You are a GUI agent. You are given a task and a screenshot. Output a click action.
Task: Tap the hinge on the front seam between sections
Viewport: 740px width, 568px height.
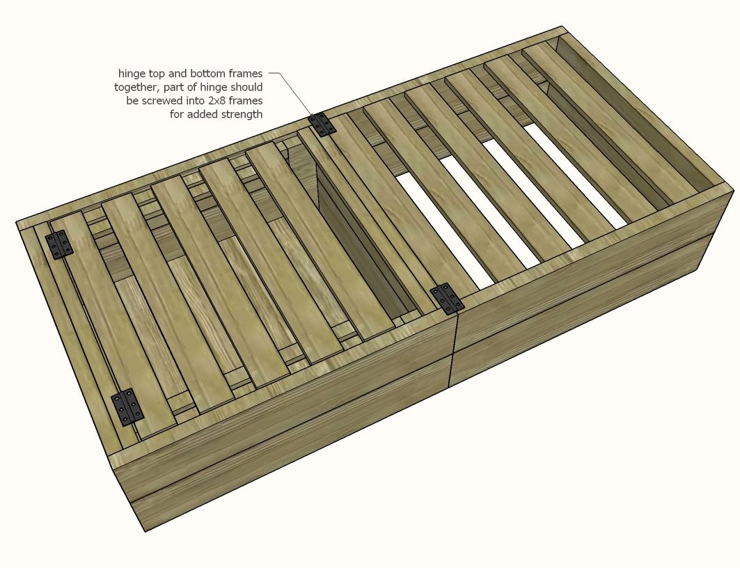pos(445,299)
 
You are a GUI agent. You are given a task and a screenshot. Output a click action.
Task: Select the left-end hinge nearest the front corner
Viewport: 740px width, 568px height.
pos(127,407)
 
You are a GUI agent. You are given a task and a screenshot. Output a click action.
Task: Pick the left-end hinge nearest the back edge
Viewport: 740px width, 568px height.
pos(59,245)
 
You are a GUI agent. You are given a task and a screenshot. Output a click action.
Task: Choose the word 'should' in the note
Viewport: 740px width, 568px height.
pos(247,87)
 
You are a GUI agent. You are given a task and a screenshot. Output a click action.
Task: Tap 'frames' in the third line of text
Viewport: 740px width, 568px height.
pos(247,100)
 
